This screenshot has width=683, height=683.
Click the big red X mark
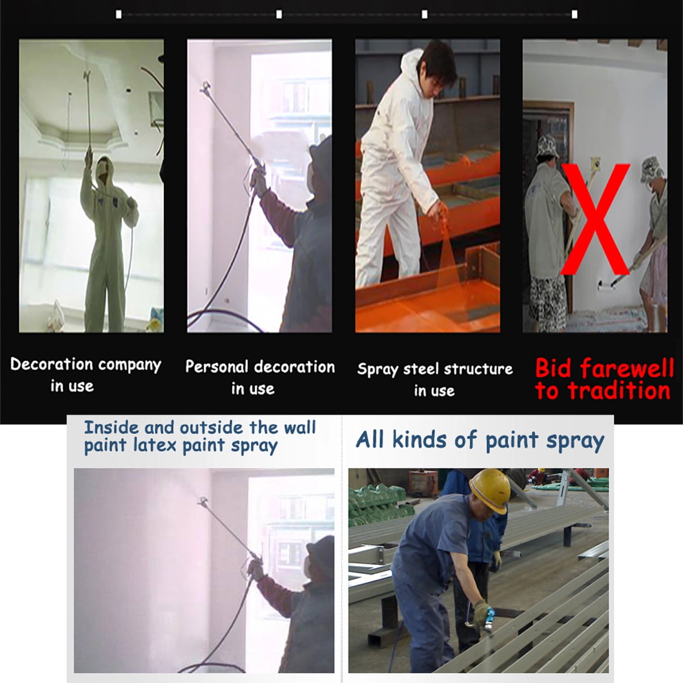coord(595,219)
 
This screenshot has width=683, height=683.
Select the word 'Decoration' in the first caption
coord(52,364)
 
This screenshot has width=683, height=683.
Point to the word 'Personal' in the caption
coord(216,367)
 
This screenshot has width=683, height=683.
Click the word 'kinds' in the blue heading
coord(414,440)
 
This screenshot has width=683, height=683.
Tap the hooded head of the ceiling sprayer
coord(103,168)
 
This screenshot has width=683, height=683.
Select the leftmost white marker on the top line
coord(119,14)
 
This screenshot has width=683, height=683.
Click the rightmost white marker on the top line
coord(574,14)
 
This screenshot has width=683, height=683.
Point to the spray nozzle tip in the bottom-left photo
coord(203,501)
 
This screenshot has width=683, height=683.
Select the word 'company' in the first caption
coord(130,365)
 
